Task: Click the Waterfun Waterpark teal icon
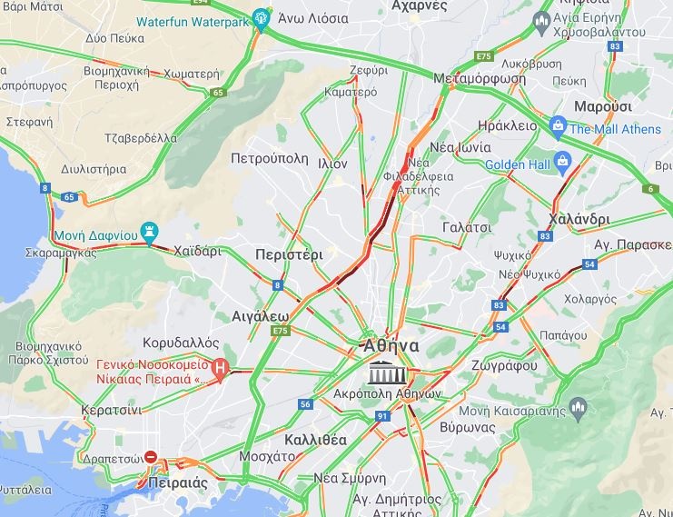pos(262,18)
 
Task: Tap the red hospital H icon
pos(220,369)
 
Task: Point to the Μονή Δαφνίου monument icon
pos(150,230)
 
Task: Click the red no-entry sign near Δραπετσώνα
pos(152,458)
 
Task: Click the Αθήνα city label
pos(390,346)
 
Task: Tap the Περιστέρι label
pos(288,255)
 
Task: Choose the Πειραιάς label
pos(176,482)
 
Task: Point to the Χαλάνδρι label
pos(578,220)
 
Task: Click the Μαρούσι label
pos(596,106)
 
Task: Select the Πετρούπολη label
pos(269,157)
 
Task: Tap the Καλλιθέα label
pos(315,440)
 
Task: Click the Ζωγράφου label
pos(504,366)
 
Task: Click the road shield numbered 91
pos(383,416)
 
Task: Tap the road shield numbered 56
pos(306,404)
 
